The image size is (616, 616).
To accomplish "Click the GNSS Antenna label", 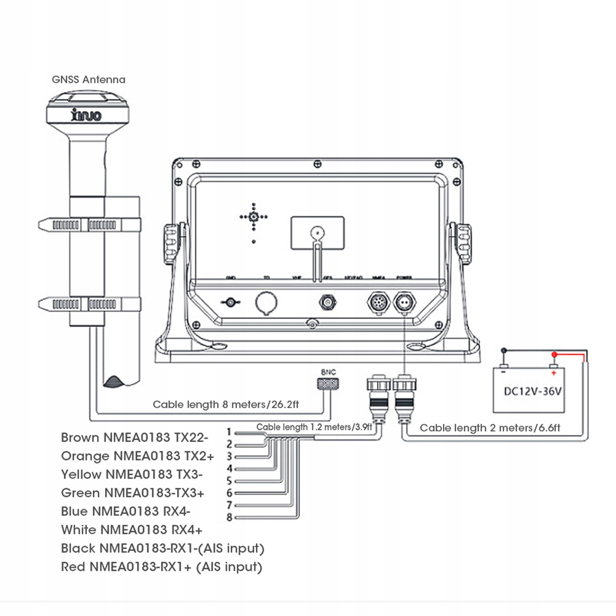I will click(x=88, y=80).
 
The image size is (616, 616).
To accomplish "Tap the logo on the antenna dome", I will click(x=86, y=115).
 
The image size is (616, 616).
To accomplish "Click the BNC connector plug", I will click(x=328, y=384).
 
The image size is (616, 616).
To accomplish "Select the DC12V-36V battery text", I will click(x=533, y=391).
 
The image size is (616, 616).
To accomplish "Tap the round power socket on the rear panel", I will click(x=404, y=303).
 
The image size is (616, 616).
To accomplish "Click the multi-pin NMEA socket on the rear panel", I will click(x=379, y=303).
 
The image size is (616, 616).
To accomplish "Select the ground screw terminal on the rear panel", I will click(x=230, y=302).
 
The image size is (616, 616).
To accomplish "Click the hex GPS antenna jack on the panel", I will click(x=328, y=302).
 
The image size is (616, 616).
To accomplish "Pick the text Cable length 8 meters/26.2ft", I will click(x=225, y=404).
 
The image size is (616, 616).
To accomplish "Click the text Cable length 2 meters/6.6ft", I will click(x=490, y=428).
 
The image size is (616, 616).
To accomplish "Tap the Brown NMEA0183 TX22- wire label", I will click(x=134, y=437).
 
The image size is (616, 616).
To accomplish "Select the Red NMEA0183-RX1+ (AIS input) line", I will click(x=162, y=567).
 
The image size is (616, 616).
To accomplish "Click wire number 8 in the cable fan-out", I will click(x=230, y=518).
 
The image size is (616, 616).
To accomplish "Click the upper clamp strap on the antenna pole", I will click(x=89, y=225).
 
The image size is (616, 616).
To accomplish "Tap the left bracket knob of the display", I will click(x=172, y=244).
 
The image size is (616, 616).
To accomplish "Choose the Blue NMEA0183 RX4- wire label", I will click(x=125, y=511).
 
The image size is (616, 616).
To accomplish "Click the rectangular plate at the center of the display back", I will click(x=317, y=233).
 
